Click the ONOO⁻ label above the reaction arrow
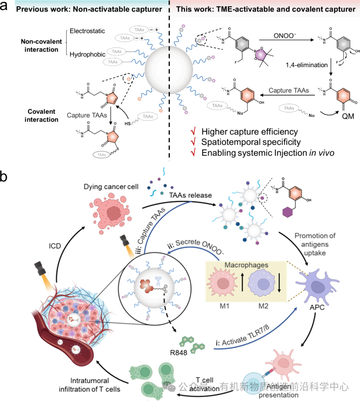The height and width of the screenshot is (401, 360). pyautogui.click(x=285, y=35)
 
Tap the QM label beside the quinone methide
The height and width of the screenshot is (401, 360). pyautogui.click(x=348, y=116)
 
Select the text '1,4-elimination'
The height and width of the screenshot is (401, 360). pyautogui.click(x=306, y=65)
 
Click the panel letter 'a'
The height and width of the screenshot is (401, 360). pyautogui.click(x=4, y=6)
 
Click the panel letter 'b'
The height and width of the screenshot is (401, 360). pyautogui.click(x=4, y=176)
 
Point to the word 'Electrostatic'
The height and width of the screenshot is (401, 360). pyautogui.click(x=87, y=31)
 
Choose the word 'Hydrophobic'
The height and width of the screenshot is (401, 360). pyautogui.click(x=87, y=54)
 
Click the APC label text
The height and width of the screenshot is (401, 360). pyautogui.click(x=317, y=307)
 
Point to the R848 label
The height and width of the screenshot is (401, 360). pyautogui.click(x=179, y=353)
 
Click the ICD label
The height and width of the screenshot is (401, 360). pyautogui.click(x=55, y=246)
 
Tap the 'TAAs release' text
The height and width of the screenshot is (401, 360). pyautogui.click(x=190, y=195)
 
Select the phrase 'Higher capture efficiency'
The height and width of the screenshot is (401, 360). pyautogui.click(x=249, y=132)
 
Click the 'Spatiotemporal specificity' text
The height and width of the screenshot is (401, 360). pyautogui.click(x=251, y=142)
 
